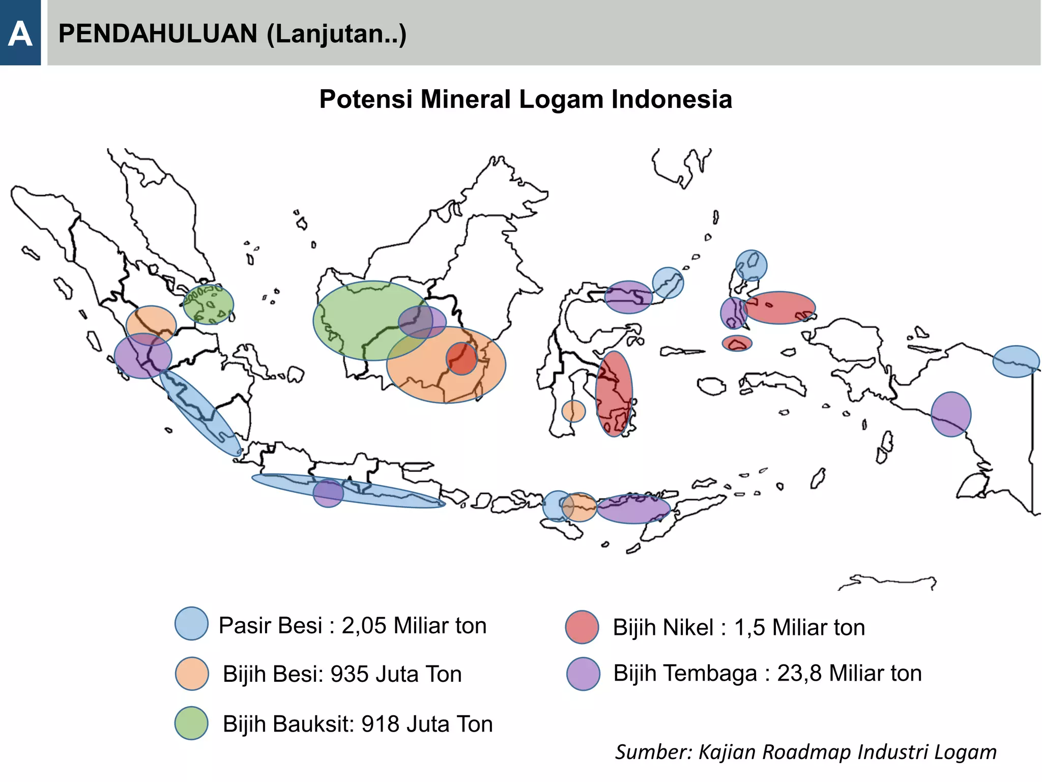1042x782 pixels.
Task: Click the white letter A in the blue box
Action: [x=20, y=34]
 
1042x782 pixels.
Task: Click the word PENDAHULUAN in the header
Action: [x=158, y=34]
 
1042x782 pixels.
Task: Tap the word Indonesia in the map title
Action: [x=672, y=99]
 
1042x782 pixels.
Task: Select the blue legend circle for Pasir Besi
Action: [x=191, y=623]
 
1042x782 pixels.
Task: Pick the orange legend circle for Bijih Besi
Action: [x=192, y=673]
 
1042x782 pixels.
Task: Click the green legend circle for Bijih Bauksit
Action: [x=191, y=723]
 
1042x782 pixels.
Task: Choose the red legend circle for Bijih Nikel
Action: [x=582, y=627]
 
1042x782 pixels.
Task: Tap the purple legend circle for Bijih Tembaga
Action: [x=583, y=674]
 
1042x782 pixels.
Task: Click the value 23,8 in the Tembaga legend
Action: [x=799, y=673]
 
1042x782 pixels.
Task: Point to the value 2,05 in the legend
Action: [x=364, y=626]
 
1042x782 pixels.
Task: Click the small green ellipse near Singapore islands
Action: [x=208, y=304]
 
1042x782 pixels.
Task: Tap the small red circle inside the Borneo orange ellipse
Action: [x=461, y=359]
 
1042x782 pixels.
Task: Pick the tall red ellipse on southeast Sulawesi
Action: [x=614, y=394]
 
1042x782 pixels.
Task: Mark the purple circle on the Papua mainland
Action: [x=950, y=414]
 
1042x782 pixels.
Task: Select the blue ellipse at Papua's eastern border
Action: [x=1016, y=361]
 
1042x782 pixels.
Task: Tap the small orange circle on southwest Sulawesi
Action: [x=573, y=411]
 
